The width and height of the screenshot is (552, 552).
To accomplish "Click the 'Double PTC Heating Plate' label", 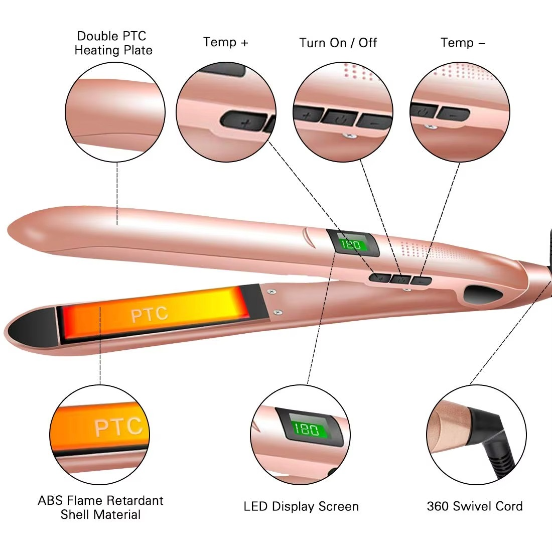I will point(113,43).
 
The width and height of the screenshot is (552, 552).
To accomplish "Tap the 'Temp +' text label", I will point(225,42).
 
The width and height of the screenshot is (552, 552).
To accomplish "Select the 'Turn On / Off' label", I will point(338,43).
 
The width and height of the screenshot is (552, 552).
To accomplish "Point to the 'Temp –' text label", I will point(463,43).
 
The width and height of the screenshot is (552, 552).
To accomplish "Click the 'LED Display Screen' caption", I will point(301,506).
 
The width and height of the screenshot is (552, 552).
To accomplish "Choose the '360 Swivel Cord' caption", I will point(474,506).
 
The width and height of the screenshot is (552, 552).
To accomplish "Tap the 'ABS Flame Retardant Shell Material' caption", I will point(100,507).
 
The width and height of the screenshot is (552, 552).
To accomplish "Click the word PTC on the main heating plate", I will point(149,315).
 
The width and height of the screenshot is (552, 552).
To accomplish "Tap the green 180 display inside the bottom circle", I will point(306,429).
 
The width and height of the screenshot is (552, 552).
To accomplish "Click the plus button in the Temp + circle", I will point(243,121).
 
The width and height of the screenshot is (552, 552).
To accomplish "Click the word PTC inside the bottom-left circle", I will point(118,427).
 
